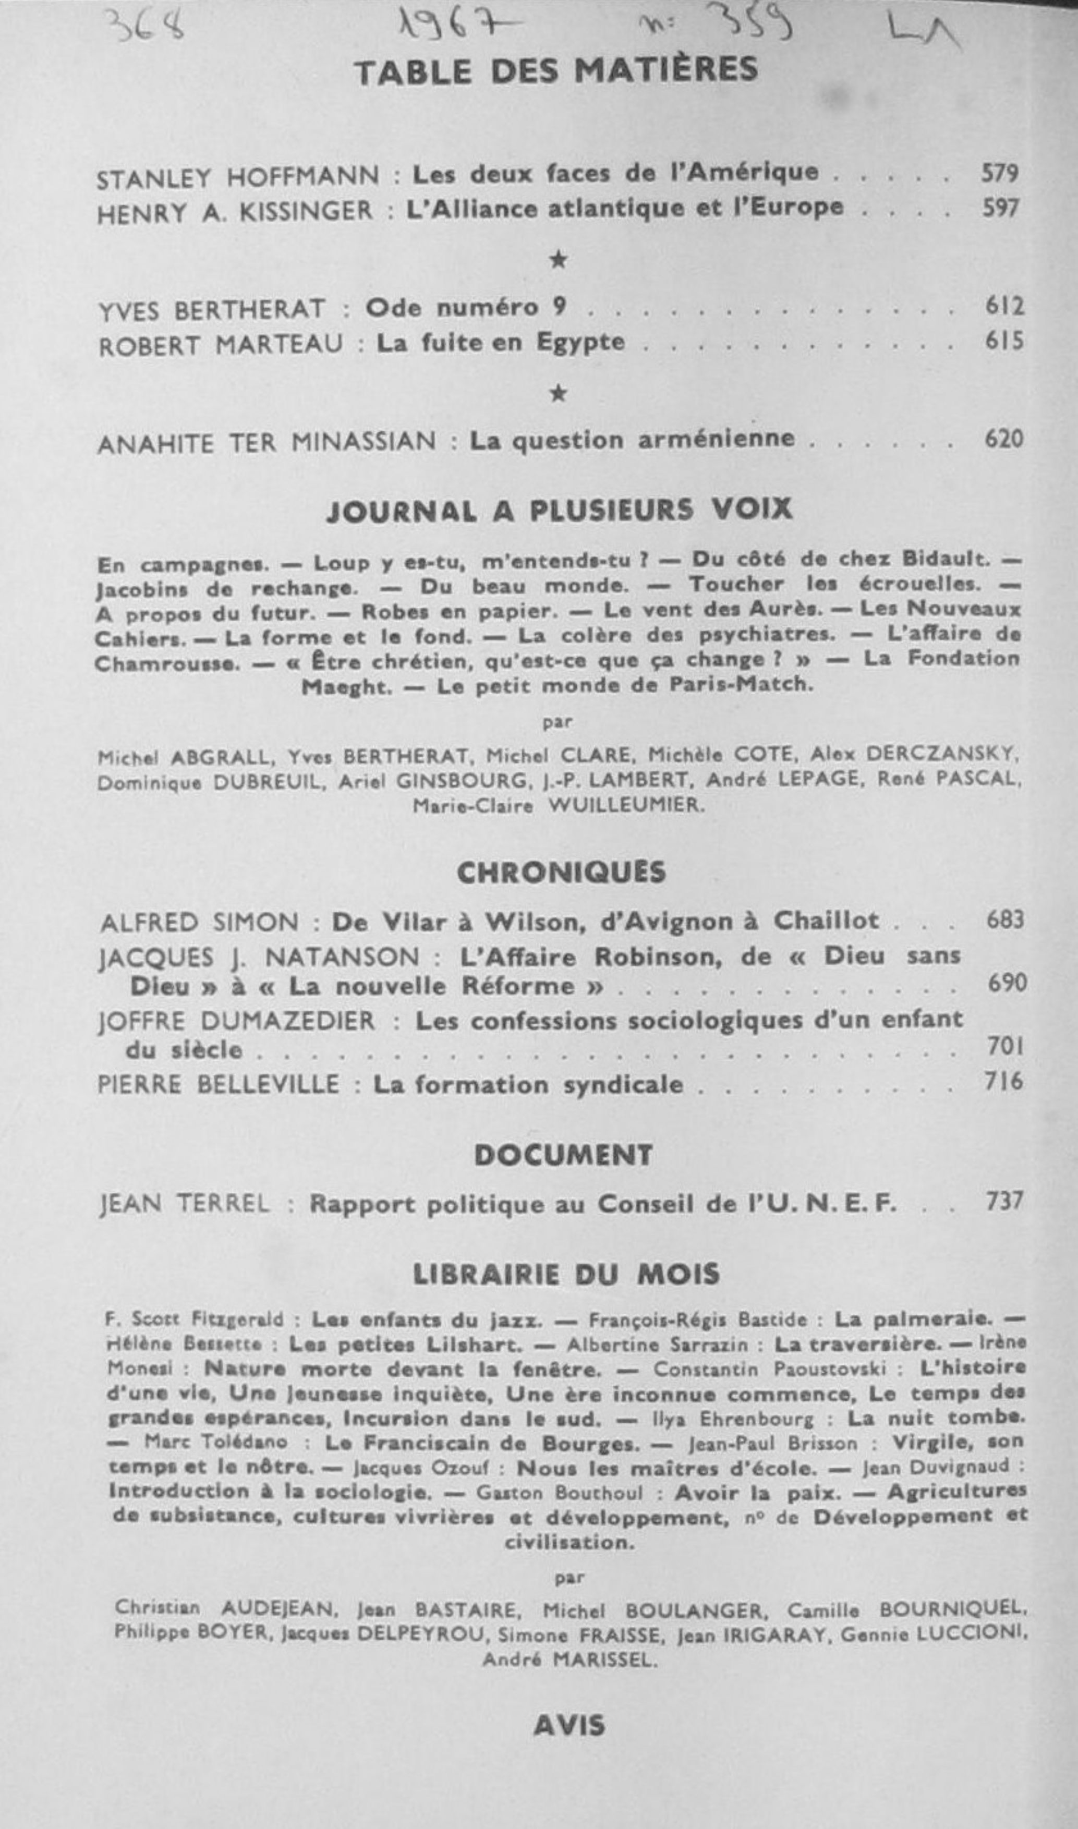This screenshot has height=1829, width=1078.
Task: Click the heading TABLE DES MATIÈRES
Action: click(x=556, y=71)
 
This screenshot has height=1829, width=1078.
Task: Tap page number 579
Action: click(x=1000, y=173)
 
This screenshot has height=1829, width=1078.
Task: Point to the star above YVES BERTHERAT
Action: click(x=557, y=259)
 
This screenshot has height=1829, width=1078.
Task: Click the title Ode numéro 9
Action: click(x=465, y=308)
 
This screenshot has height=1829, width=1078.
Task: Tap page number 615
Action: click(x=1004, y=341)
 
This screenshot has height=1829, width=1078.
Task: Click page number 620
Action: click(x=1004, y=439)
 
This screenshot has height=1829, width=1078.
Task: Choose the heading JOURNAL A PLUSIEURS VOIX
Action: click(x=559, y=511)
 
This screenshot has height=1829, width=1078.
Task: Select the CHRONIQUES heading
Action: click(x=561, y=873)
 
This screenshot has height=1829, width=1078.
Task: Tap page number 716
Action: click(x=1004, y=1082)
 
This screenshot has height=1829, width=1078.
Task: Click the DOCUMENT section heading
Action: click(x=563, y=1156)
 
